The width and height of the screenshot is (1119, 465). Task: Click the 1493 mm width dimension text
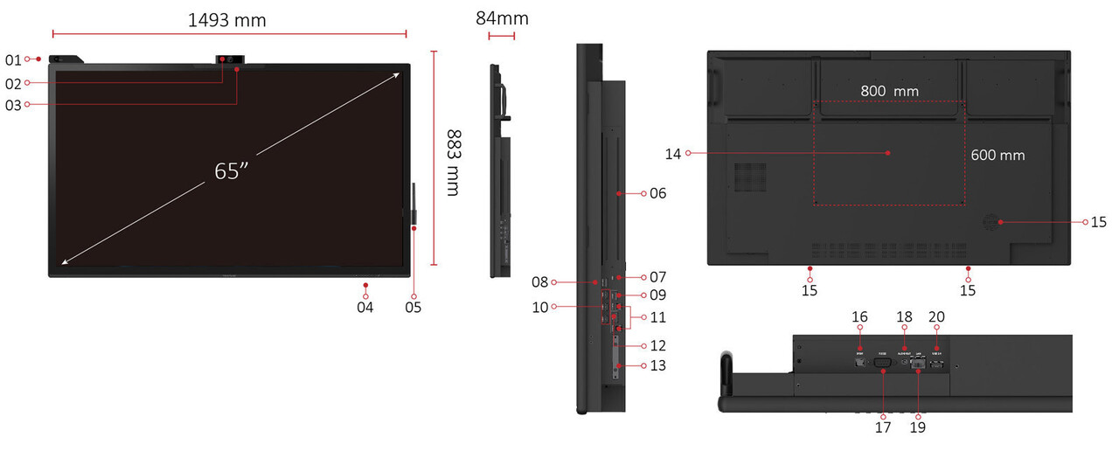click(x=227, y=19)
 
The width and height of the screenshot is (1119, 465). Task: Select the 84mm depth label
click(x=502, y=18)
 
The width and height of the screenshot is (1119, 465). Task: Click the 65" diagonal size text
click(x=233, y=170)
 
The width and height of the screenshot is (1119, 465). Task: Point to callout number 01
click(x=12, y=60)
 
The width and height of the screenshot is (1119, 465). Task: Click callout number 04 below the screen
click(x=365, y=307)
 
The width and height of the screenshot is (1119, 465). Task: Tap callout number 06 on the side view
click(x=657, y=192)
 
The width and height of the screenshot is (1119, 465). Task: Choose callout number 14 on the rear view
click(x=671, y=154)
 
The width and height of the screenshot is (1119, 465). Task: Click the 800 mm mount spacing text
click(x=889, y=90)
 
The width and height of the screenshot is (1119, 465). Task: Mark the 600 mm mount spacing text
click(x=997, y=155)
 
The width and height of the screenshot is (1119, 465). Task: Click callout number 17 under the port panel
click(x=883, y=427)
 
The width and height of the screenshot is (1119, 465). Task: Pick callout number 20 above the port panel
click(x=936, y=316)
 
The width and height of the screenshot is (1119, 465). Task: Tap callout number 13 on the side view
click(x=657, y=365)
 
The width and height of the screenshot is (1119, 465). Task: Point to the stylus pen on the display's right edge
click(x=414, y=206)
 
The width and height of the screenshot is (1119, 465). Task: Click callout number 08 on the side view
click(x=540, y=282)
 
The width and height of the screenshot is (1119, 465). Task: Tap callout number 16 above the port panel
click(x=859, y=316)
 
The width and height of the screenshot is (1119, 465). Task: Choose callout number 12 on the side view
click(x=657, y=345)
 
